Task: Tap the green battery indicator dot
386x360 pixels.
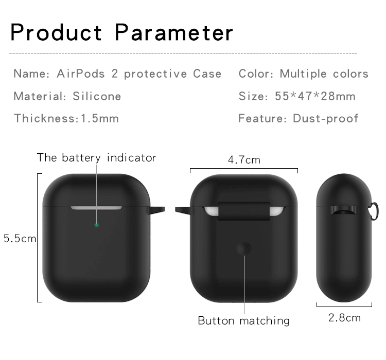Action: tap(96, 225)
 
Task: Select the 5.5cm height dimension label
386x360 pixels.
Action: tap(19, 238)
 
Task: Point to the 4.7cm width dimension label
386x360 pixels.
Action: tap(244, 160)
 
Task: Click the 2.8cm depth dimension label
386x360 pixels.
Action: tap(344, 317)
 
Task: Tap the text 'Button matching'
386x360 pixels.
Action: tap(243, 321)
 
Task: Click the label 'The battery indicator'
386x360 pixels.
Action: tap(96, 157)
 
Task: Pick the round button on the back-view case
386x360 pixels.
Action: tap(243, 248)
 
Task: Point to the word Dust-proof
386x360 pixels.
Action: tap(325, 118)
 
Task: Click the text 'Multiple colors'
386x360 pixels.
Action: tap(324, 74)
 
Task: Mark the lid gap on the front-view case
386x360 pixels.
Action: tap(96, 208)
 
